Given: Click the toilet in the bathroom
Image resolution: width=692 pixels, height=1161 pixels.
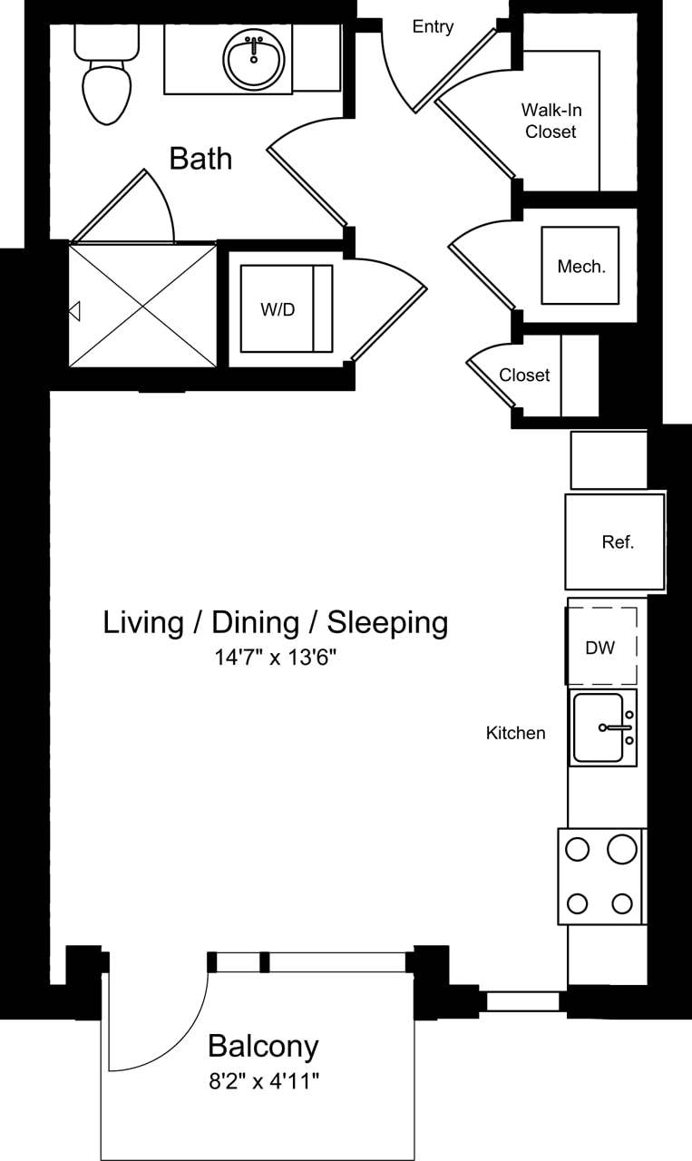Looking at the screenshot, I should click(107, 82).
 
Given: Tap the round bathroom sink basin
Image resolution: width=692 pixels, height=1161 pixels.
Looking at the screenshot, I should click(254, 60).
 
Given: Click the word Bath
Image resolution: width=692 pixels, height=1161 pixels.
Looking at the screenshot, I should click(200, 159).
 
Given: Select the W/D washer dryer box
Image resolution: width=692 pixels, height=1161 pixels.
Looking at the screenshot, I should click(278, 309).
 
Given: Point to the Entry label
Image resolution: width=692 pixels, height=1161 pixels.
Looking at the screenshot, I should click(433, 27).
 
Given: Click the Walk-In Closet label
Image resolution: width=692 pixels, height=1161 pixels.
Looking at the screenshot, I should click(551, 121).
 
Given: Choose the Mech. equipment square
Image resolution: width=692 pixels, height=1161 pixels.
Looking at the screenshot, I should click(580, 266).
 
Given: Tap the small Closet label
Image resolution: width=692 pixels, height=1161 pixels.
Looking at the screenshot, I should click(524, 375).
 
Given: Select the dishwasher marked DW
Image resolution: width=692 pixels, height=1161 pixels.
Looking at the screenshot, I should click(600, 648).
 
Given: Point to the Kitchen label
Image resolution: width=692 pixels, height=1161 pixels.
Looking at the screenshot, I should click(515, 733).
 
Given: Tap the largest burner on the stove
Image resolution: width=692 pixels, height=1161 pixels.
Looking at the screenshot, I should click(622, 849).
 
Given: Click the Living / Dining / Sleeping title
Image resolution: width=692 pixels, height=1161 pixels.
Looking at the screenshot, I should click(276, 623).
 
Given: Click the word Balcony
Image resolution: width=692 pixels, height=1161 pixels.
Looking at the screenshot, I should click(263, 1046).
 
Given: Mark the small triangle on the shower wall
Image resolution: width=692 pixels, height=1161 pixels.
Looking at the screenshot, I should click(74, 311).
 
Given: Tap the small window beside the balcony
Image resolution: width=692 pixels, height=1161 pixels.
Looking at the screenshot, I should click(522, 1001).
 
